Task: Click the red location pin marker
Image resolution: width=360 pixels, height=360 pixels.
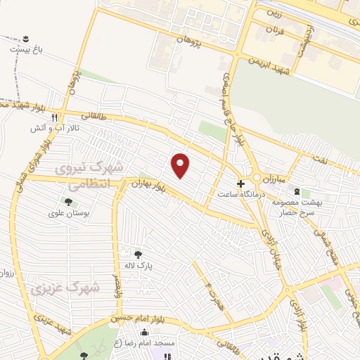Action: [181, 165]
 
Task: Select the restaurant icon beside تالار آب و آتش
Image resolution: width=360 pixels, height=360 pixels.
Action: [63, 119]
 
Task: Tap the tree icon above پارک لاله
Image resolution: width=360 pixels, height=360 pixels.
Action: [138, 255]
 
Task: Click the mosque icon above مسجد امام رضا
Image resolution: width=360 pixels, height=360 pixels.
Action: [145, 332]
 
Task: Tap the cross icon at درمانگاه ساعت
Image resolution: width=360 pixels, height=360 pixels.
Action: [240, 182]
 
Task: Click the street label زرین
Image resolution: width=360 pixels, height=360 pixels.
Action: [279, 14]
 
